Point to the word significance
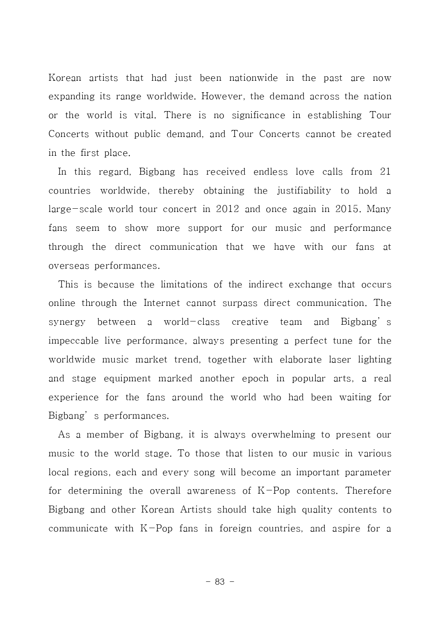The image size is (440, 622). [x=258, y=116]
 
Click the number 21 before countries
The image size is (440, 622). [x=385, y=172]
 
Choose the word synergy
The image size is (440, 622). [x=67, y=323]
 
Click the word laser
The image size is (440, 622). [x=340, y=360]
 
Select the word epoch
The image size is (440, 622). [x=255, y=379]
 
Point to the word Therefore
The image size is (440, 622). [x=368, y=491]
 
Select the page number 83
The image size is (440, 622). [x=220, y=582]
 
